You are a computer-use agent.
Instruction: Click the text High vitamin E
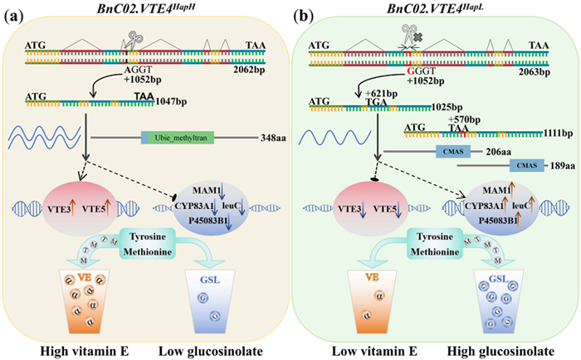coord(85,350)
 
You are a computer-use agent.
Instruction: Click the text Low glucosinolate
coord(216,350)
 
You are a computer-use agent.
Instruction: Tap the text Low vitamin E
coord(369,350)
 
